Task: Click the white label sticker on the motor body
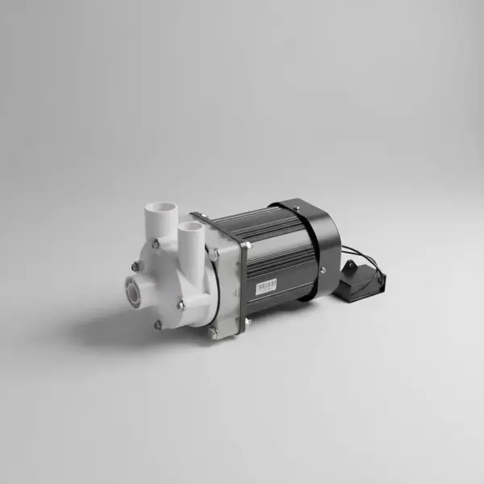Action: (266, 286)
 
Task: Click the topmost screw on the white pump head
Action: (155, 243)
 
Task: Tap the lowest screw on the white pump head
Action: (158, 325)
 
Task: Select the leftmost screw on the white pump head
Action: (134, 266)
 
